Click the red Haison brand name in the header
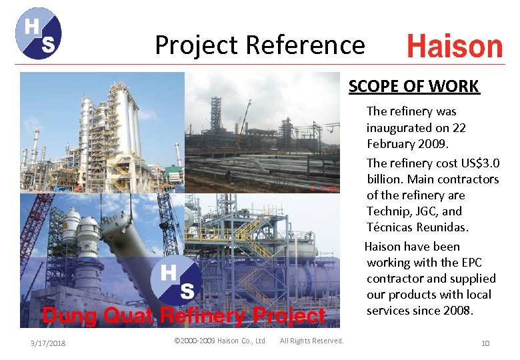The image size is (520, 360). point(455,47)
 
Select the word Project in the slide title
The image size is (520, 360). point(197,45)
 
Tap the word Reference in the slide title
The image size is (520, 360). point(305,45)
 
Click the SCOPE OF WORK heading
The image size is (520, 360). point(413,86)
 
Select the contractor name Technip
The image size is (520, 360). point(389,211)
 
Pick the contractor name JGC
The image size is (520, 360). point(427,211)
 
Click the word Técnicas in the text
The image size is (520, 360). point(391,227)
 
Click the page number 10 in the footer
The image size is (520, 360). point(485,343)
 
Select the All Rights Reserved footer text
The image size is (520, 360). point(312,341)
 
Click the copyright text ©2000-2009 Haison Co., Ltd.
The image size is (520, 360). point(220,341)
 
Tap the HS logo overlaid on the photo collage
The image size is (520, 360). point(176,281)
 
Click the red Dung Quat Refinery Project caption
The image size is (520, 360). point(184,315)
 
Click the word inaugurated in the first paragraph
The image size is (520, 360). point(399,127)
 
